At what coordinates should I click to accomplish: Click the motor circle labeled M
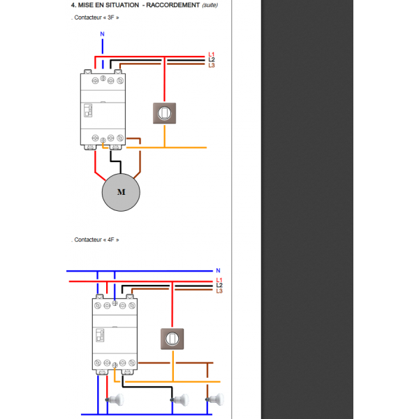click(122, 191)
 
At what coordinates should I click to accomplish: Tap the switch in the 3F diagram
click(165, 112)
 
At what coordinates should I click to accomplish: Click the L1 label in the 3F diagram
click(212, 54)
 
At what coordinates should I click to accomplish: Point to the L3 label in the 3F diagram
click(212, 66)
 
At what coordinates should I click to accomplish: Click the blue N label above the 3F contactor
click(103, 34)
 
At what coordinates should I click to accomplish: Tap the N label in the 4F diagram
click(218, 270)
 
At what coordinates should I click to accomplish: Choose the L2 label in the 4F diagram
click(219, 285)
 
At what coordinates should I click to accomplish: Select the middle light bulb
click(180, 400)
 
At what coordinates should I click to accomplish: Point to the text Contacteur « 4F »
click(97, 240)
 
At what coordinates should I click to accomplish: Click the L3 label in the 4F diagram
click(219, 291)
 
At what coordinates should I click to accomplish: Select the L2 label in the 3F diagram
click(212, 60)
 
